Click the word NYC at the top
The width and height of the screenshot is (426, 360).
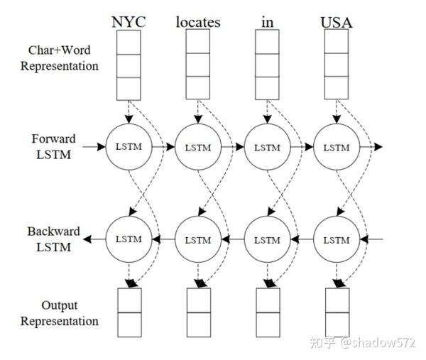(128, 21)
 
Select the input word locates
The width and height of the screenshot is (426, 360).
(198, 21)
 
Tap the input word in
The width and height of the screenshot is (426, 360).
(267, 21)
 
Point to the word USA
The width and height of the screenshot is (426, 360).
(336, 21)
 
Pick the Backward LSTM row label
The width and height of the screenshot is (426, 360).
(53, 239)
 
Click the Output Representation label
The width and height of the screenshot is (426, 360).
(60, 313)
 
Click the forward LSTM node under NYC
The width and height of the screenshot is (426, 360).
(129, 147)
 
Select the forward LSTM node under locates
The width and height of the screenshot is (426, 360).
(198, 147)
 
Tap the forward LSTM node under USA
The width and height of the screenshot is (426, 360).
(336, 147)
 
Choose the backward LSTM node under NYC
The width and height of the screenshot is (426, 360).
(129, 240)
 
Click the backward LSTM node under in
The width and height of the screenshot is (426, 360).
(267, 240)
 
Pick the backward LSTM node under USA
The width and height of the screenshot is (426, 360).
(336, 240)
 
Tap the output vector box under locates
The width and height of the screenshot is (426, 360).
(198, 312)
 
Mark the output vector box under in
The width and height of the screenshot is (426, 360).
(267, 312)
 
